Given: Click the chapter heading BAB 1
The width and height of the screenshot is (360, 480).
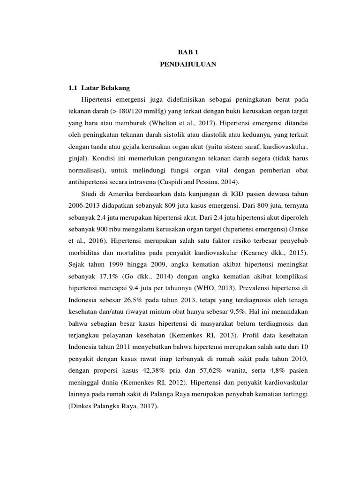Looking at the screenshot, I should click(187, 53).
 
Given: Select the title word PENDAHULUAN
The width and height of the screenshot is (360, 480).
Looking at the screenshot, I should click(187, 65).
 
